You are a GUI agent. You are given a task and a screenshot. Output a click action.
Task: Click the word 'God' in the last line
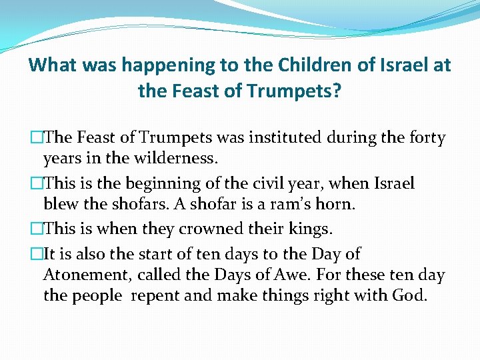coord(408,295)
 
